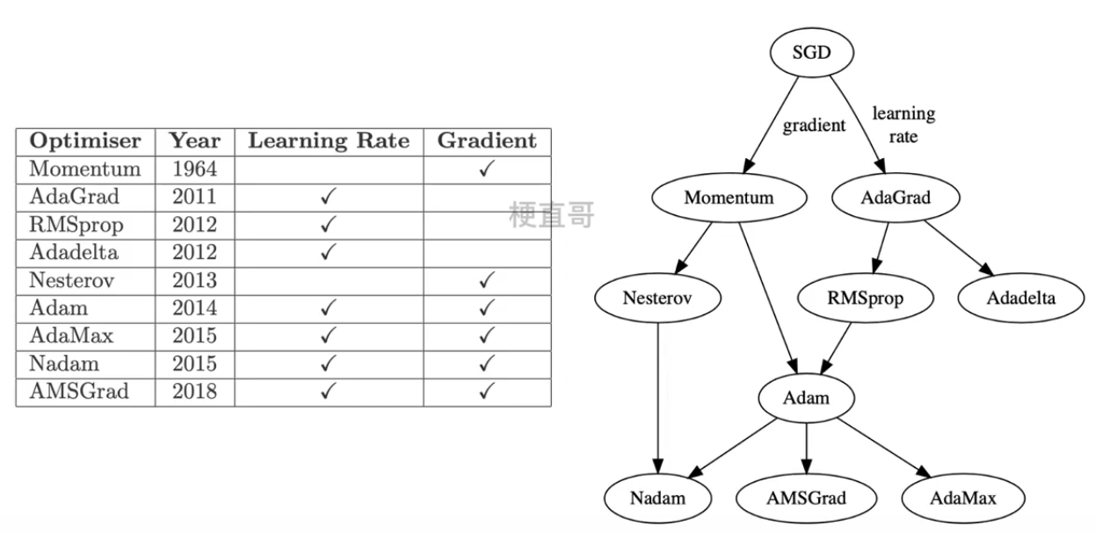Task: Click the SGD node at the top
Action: click(x=811, y=53)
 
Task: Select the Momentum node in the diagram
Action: click(x=729, y=197)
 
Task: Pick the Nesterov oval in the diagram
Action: click(x=657, y=298)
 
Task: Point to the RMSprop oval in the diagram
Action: click(x=865, y=298)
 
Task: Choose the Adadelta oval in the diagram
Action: click(x=1020, y=298)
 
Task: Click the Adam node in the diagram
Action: click(x=806, y=398)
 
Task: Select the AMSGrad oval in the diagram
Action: click(x=806, y=498)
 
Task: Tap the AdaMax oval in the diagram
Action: click(x=962, y=498)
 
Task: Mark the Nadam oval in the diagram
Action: click(x=657, y=498)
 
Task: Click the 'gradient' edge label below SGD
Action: click(x=814, y=125)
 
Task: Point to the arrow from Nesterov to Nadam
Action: click(x=657, y=395)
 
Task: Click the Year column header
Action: click(x=194, y=140)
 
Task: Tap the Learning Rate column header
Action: click(x=328, y=140)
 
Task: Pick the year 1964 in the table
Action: click(x=194, y=169)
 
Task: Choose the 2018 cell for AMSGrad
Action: click(x=194, y=392)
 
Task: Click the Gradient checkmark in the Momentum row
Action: click(x=486, y=169)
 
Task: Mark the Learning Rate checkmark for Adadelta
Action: click(x=328, y=253)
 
